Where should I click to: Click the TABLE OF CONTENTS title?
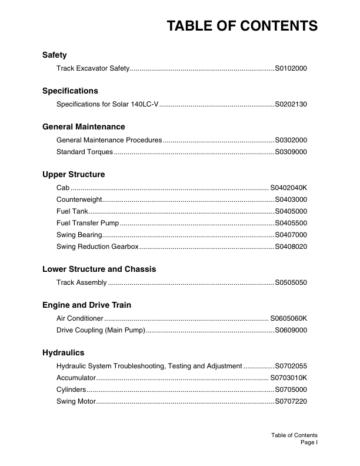(x=242, y=26)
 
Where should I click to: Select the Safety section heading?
(x=55, y=55)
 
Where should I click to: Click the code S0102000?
(x=291, y=69)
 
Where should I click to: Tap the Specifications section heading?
(x=70, y=91)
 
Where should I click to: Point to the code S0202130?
(x=291, y=104)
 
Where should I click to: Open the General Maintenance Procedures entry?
(x=109, y=140)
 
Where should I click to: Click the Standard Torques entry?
(x=85, y=152)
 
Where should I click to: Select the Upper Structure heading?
(x=74, y=175)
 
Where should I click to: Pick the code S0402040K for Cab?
(x=289, y=188)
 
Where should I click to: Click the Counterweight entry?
(x=80, y=199)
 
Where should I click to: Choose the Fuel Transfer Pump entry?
(x=88, y=223)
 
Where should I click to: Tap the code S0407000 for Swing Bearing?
(x=291, y=235)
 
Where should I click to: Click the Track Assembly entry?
(x=82, y=282)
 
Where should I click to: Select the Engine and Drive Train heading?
(x=86, y=305)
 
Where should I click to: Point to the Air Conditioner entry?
(x=80, y=318)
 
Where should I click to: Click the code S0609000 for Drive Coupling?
(x=291, y=330)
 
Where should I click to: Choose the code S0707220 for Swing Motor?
(x=291, y=401)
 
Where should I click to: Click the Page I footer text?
(x=309, y=442)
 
